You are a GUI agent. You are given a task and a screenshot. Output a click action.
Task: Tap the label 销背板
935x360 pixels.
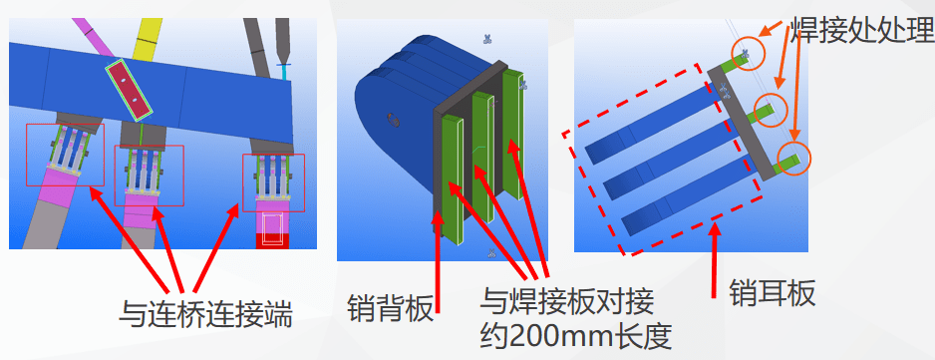(390, 308)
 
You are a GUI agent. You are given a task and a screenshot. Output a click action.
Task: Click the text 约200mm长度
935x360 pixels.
(576, 338)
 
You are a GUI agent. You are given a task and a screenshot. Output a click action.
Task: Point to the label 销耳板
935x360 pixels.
(773, 293)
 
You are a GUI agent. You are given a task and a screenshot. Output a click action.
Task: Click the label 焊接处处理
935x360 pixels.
(860, 29)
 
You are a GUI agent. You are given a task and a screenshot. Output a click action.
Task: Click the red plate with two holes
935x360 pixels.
(129, 89)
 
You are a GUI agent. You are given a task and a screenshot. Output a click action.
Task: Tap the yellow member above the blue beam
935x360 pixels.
(147, 40)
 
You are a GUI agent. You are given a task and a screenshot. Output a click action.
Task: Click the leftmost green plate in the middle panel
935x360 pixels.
(453, 180)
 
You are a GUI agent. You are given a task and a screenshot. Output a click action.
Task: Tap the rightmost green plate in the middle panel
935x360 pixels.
(512, 135)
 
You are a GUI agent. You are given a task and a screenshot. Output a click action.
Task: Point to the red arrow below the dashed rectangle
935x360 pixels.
(714, 259)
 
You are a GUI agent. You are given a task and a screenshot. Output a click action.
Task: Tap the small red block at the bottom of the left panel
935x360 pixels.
(275, 241)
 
